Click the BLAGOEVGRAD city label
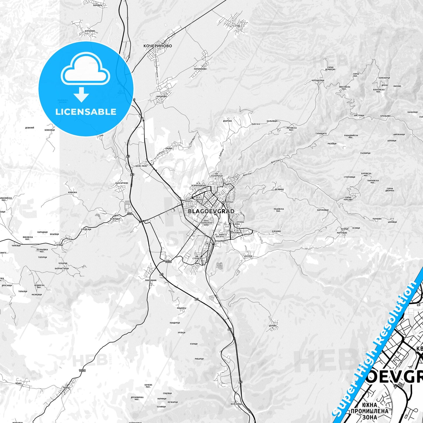pyautogui.click(x=211, y=211)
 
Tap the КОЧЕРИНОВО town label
pyautogui.click(x=157, y=46)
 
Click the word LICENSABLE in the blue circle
pyautogui.click(x=86, y=112)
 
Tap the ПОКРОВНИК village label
pyautogui.click(x=151, y=280)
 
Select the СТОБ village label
pyautogui.click(x=237, y=26)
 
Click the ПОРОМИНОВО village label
pyautogui.click(x=200, y=69)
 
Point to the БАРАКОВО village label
pyautogui.click(x=161, y=96)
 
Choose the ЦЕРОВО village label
pyautogui.click(x=273, y=326)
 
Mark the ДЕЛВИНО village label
pyautogui.click(x=279, y=189)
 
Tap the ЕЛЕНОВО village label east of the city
pyautogui.click(x=276, y=231)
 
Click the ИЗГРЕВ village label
pyautogui.click(x=248, y=256)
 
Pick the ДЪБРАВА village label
pyautogui.click(x=227, y=121)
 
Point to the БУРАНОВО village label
pyautogui.click(x=90, y=31)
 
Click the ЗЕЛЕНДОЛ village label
pyautogui.click(x=115, y=219)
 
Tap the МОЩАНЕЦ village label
pyautogui.click(x=181, y=308)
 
